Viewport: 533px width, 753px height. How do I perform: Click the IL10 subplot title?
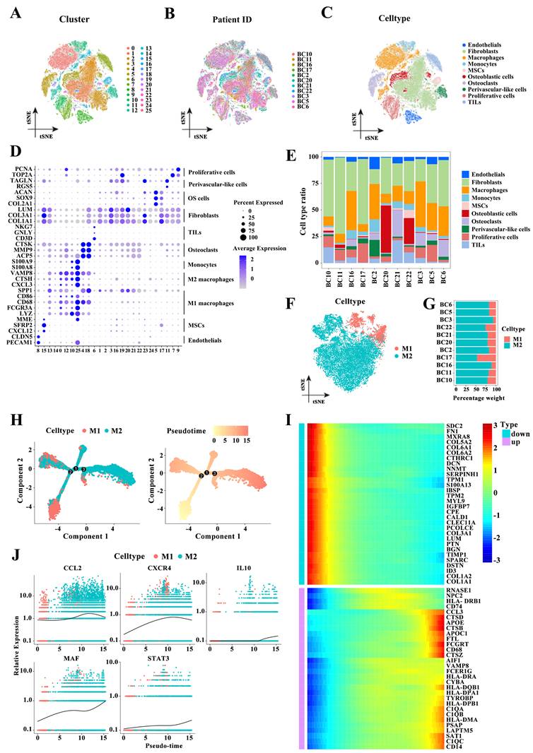pyautogui.click(x=240, y=569)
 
